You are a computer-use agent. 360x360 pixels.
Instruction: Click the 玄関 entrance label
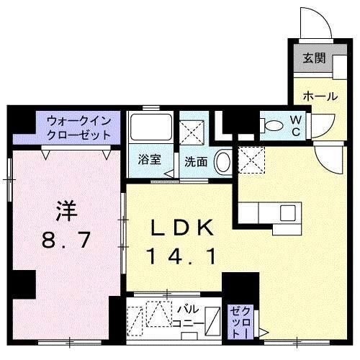(x=311, y=58)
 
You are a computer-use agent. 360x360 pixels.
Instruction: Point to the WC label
(x=296, y=125)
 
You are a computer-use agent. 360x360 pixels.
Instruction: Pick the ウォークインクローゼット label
(x=78, y=127)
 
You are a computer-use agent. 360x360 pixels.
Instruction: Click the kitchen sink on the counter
(x=287, y=212)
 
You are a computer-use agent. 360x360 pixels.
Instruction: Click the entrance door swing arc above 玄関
(x=314, y=23)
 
